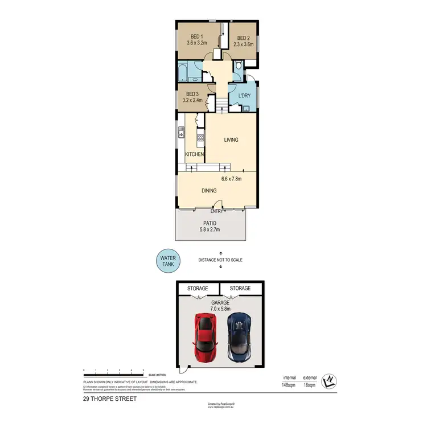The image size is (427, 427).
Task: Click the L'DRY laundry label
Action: tap(244, 95)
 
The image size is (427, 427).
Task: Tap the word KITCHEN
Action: tap(195, 154)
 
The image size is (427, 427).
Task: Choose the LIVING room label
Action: tap(231, 139)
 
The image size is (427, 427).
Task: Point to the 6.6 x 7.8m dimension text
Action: tap(232, 179)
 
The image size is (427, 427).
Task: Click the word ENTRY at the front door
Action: tap(217, 211)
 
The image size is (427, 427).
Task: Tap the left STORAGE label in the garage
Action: tap(198, 289)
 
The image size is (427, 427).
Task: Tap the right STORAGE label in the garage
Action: tap(240, 289)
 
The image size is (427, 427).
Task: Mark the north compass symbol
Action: tap(328, 381)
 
